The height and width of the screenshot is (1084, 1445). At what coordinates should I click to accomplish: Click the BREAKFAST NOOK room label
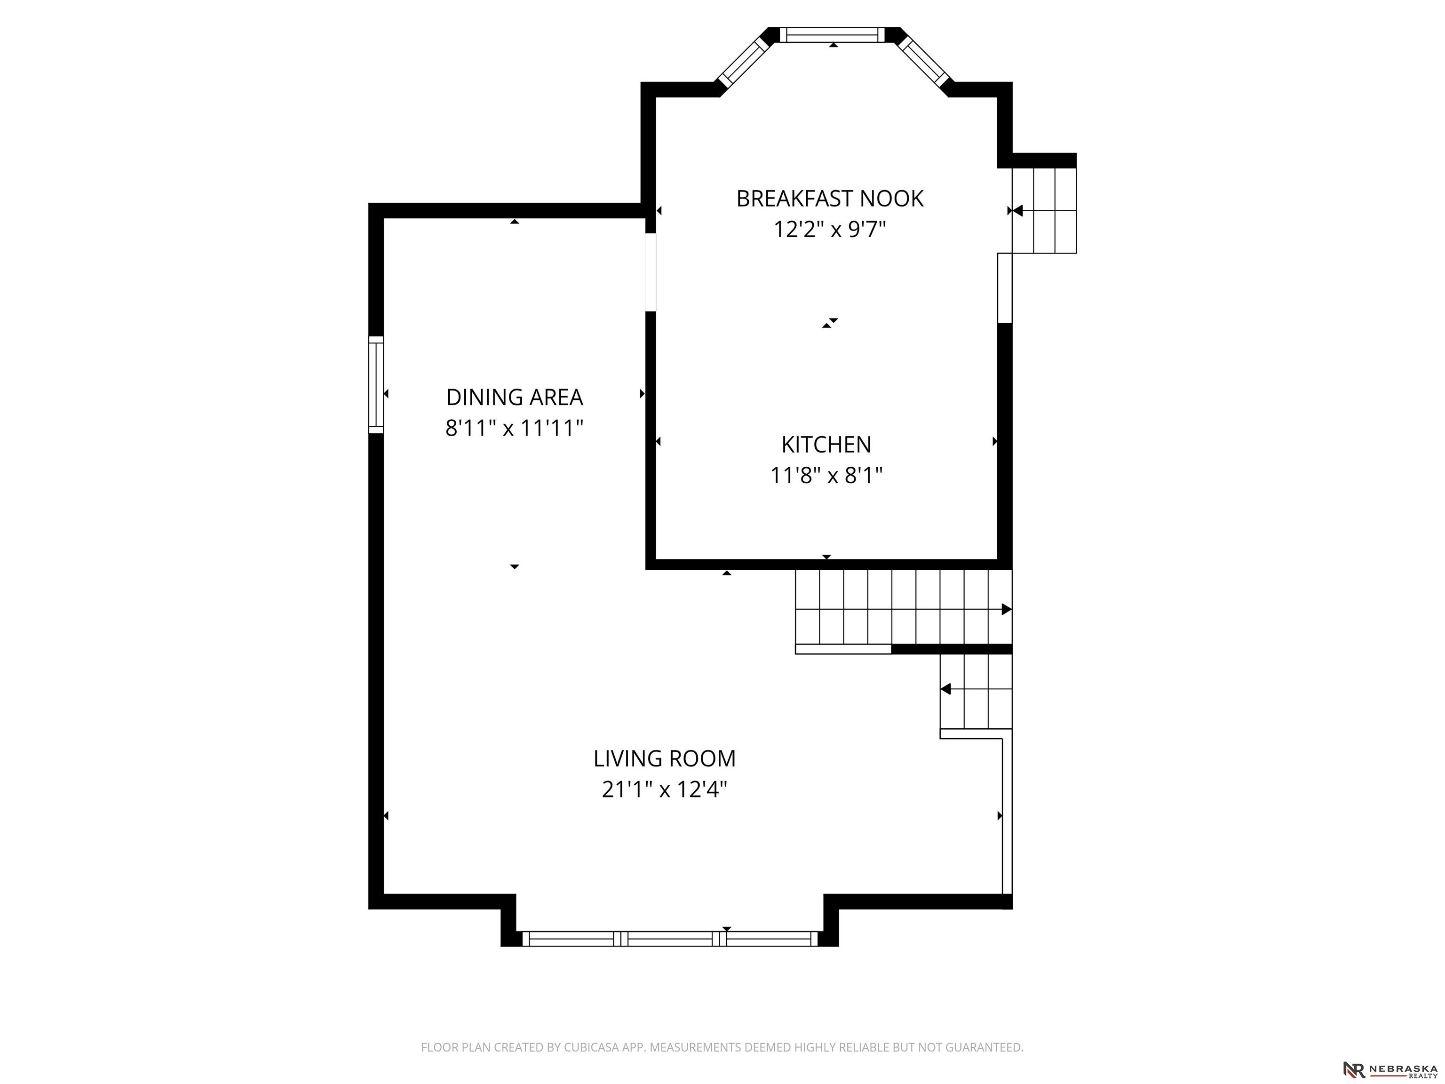pos(830,199)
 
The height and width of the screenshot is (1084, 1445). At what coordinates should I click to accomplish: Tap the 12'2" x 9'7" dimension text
pos(830,230)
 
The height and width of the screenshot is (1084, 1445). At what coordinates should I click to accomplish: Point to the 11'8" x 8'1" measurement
pos(826,476)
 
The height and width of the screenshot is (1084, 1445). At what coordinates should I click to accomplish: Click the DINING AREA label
pos(515,397)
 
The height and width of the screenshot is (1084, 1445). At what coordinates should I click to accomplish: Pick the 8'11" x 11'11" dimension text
pos(515,429)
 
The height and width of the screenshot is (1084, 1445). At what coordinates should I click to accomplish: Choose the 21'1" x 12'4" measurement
pos(664,790)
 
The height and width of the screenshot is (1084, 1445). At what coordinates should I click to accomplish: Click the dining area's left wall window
pos(376,385)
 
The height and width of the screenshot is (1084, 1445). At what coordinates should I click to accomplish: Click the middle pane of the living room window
pos(670,939)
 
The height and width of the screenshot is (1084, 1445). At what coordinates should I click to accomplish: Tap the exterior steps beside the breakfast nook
pos(1044,210)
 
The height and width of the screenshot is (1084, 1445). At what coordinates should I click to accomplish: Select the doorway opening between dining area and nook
pos(651,272)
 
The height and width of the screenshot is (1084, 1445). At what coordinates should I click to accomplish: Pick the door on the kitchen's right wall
pos(1005,288)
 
